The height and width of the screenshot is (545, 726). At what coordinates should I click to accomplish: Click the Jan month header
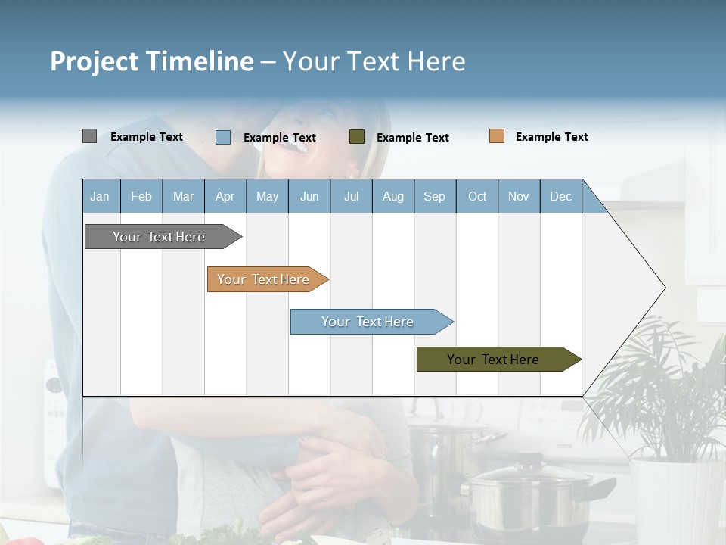[x=100, y=196]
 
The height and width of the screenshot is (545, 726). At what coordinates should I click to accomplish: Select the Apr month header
[x=225, y=196]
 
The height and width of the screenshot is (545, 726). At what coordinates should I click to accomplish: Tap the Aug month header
[x=392, y=196]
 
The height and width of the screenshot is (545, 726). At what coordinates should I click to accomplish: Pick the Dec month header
[x=560, y=196]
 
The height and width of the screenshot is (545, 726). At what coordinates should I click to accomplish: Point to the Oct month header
[x=477, y=196]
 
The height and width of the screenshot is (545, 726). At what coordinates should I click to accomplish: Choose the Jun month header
[x=309, y=196]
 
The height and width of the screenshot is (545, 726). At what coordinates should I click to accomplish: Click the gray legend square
[x=89, y=136]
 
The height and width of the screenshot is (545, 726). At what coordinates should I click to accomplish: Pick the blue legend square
[x=223, y=137]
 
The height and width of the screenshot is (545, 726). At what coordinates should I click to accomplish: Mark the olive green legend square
[x=357, y=137]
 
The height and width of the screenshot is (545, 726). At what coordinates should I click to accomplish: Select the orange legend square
[x=497, y=136]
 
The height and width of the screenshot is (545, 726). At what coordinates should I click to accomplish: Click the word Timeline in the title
[x=200, y=61]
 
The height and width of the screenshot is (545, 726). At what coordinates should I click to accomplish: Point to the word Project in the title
[x=95, y=61]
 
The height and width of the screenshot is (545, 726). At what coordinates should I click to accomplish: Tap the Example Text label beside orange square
[x=551, y=137]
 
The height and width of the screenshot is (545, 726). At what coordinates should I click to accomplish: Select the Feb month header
[x=141, y=196]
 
